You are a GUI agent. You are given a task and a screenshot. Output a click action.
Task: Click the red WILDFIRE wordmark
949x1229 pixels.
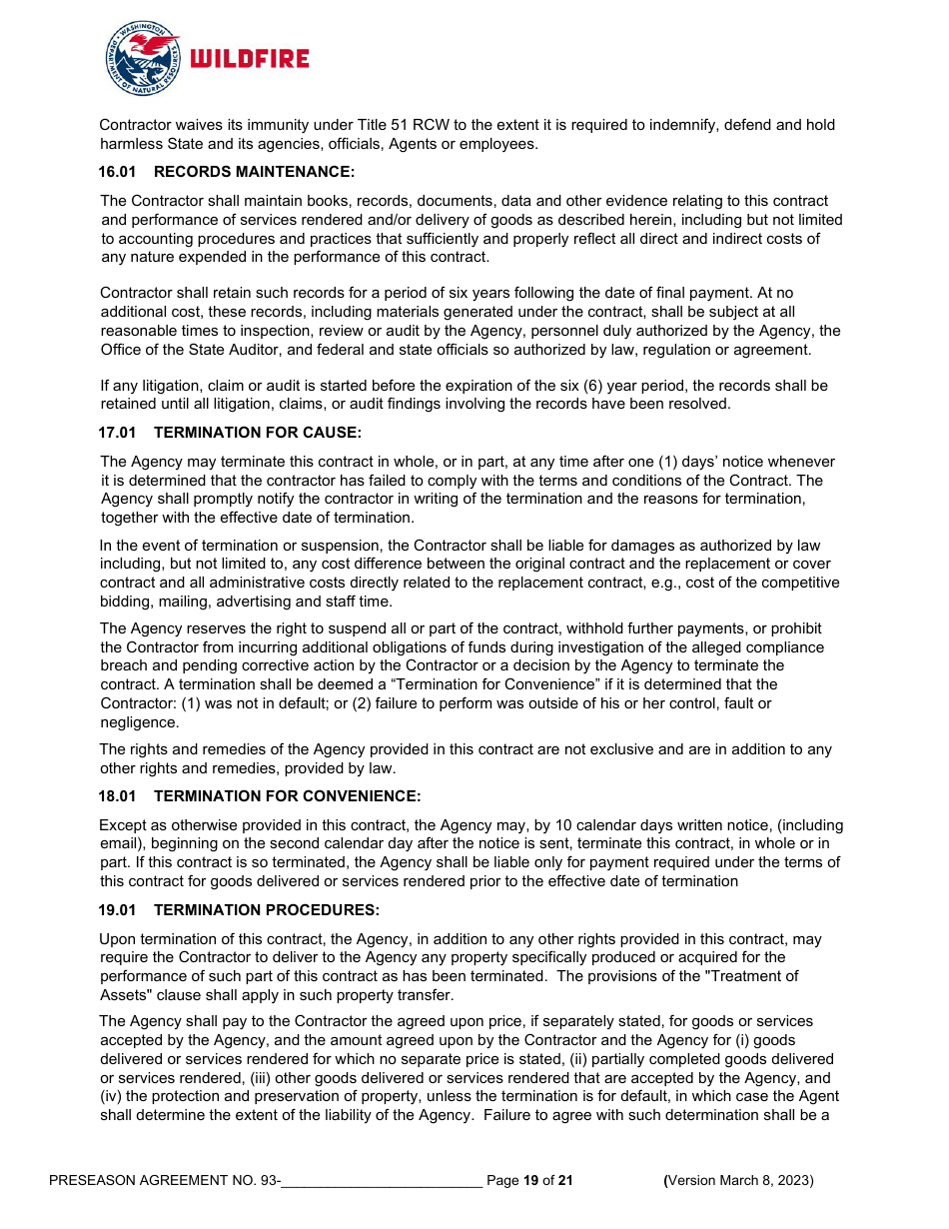[x=250, y=59]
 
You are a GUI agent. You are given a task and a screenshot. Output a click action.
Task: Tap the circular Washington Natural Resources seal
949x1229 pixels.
[x=143, y=59]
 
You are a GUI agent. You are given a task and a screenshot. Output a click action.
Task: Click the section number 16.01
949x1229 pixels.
[x=117, y=172]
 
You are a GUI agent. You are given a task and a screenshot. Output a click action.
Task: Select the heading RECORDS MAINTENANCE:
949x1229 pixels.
[x=254, y=172]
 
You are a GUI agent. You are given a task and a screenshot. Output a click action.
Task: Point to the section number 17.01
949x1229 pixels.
[x=117, y=433]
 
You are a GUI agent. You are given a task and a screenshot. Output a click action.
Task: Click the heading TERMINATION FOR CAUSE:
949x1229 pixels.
[x=258, y=433]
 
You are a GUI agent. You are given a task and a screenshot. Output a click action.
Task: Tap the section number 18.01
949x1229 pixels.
[x=117, y=796]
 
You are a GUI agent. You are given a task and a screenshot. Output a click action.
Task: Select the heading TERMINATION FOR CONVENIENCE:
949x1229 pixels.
[x=288, y=796]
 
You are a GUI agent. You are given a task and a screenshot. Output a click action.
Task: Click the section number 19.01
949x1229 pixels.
[x=117, y=910]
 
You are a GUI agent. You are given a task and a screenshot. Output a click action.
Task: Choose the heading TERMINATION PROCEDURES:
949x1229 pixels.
[x=267, y=910]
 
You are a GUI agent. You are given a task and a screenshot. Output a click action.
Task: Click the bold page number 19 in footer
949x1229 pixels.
[x=531, y=1181]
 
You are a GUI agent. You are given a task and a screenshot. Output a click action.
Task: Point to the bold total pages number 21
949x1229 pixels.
[x=565, y=1181]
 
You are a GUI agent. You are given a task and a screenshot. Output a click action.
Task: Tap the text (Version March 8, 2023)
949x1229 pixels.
[x=739, y=1181]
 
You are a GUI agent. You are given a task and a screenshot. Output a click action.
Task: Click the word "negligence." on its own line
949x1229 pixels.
[x=139, y=722]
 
